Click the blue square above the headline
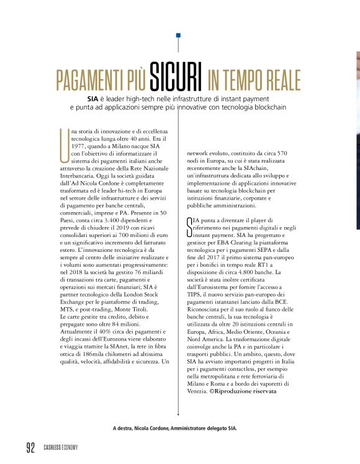pyautogui.click(x=179, y=35)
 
